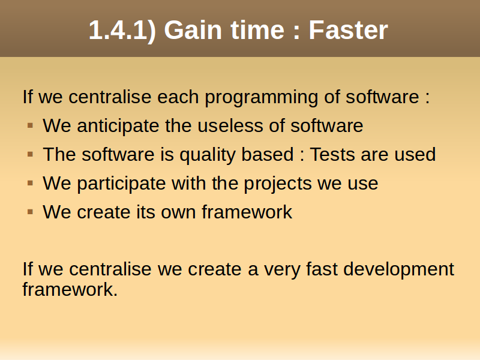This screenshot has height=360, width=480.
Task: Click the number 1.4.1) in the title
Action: [122, 30]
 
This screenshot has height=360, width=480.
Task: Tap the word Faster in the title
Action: [349, 30]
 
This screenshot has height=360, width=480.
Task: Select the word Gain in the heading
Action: [193, 30]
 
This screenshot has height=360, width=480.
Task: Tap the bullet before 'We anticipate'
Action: [30, 125]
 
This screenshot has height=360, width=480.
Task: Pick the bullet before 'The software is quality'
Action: [30, 154]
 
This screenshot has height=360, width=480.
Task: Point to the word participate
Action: [121, 184]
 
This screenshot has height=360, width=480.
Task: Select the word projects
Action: [277, 184]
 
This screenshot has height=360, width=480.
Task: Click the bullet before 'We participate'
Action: [30, 183]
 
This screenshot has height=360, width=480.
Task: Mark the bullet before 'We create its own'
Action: [30, 212]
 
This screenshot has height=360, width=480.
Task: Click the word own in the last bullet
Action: [178, 212]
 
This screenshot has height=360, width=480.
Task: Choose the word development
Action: [398, 269]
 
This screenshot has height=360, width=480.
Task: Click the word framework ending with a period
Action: [70, 289]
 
